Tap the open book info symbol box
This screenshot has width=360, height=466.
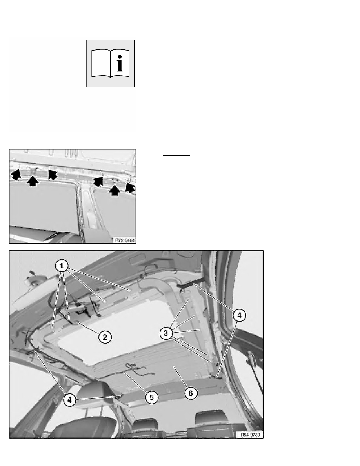pyautogui.click(x=110, y=63)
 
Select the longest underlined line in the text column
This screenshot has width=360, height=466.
pyautogui.click(x=212, y=124)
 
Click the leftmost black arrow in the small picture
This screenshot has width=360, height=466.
pyautogui.click(x=16, y=175)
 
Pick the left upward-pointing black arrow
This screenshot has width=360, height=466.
pyautogui.click(x=33, y=181)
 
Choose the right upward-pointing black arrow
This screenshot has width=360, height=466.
pyautogui.click(x=115, y=190)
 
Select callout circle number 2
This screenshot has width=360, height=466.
pyautogui.click(x=104, y=336)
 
